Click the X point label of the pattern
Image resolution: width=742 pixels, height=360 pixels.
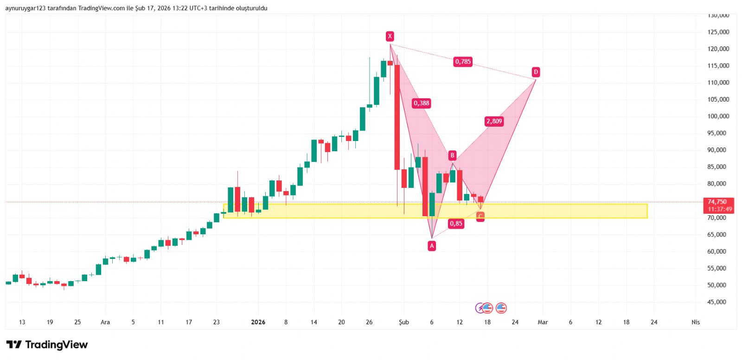tap(390, 36)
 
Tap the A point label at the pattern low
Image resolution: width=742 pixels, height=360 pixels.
tap(432, 246)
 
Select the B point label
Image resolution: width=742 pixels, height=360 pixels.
tap(452, 155)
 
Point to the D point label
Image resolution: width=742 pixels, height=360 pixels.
tap(536, 72)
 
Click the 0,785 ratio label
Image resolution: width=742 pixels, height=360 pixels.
tap(463, 62)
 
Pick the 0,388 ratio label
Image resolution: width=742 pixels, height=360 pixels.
tap(422, 103)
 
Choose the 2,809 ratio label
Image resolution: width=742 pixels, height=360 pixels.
tap(494, 121)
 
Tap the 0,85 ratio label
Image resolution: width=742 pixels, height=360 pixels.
tap(456, 224)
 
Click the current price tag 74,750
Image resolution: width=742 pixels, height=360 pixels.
tap(717, 202)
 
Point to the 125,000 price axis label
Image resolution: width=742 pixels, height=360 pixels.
tap(718, 32)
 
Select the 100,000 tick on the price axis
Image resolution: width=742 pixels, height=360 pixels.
tap(718, 116)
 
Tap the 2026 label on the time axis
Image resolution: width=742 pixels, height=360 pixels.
tap(258, 322)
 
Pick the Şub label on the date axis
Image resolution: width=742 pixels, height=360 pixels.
tap(404, 322)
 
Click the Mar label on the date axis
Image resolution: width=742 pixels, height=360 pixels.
tap(543, 322)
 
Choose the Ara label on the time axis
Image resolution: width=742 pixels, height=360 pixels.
tap(105, 322)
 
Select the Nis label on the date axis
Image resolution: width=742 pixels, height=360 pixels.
tap(696, 322)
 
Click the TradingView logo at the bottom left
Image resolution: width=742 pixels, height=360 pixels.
tap(47, 345)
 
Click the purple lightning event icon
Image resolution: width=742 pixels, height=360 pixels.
tap(480, 308)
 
